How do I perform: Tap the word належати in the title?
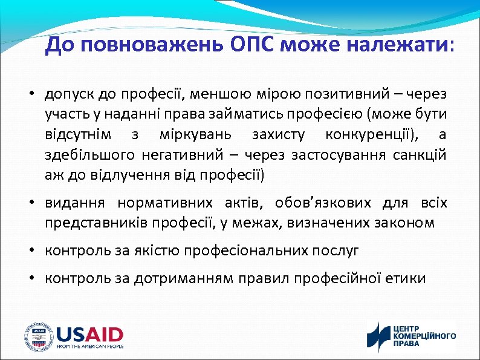tap(398, 45)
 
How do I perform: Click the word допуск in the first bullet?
tap(67, 94)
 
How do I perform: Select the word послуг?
tap(337, 249)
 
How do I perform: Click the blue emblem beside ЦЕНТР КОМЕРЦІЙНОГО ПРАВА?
tap(379, 336)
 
